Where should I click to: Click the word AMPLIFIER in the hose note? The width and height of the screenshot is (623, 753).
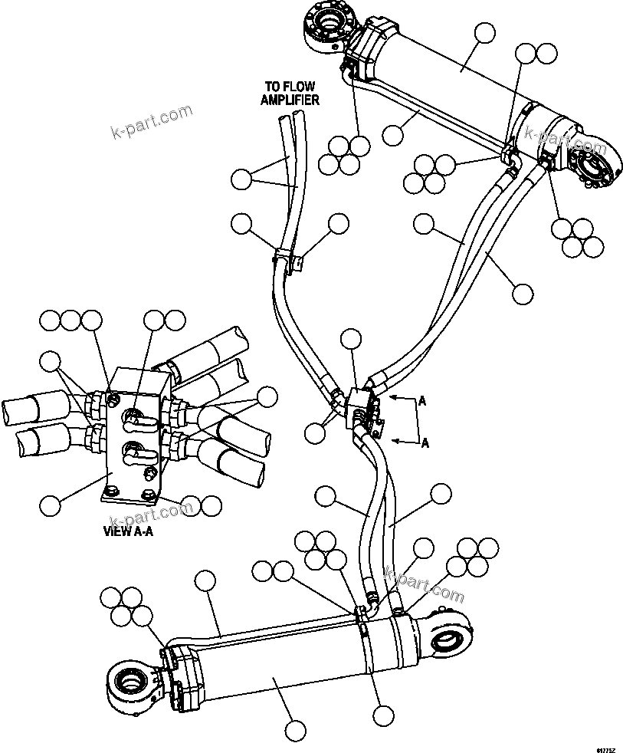(290, 100)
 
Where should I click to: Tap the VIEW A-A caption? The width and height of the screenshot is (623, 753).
(128, 530)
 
